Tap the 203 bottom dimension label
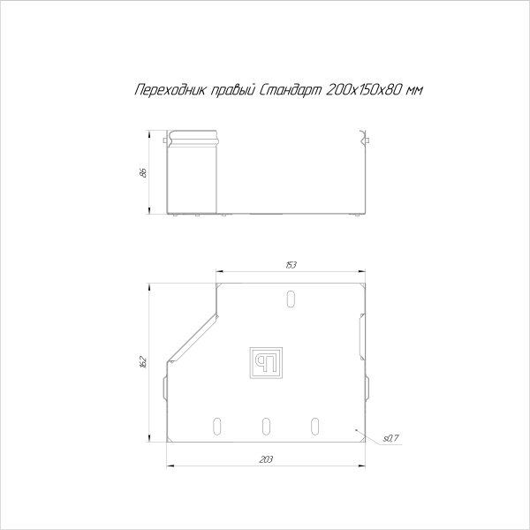click(x=267, y=459)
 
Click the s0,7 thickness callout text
click(x=391, y=437)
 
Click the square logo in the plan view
click(x=267, y=362)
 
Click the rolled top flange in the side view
click(x=194, y=140)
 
